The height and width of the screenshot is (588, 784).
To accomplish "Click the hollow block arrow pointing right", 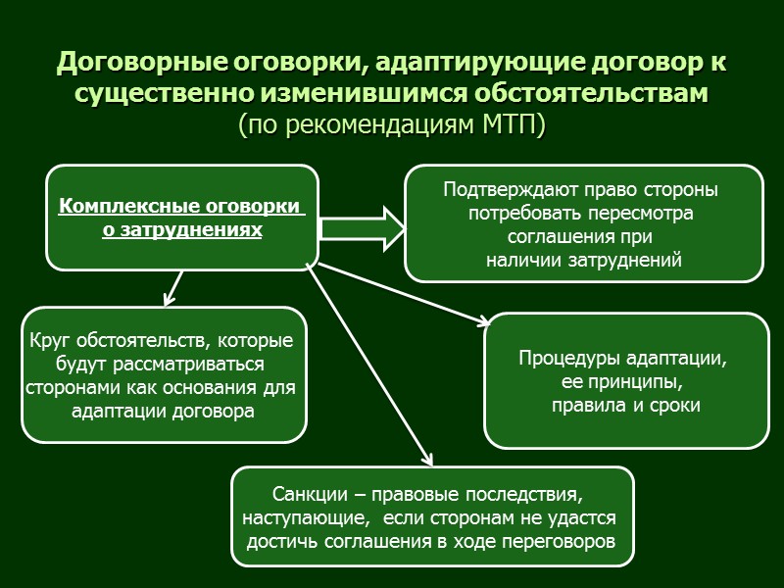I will [362, 228].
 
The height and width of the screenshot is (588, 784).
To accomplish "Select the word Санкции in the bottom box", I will [302, 492].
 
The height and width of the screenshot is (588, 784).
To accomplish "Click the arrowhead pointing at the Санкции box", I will [428, 460].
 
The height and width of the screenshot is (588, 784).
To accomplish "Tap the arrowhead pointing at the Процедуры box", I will [485, 321].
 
